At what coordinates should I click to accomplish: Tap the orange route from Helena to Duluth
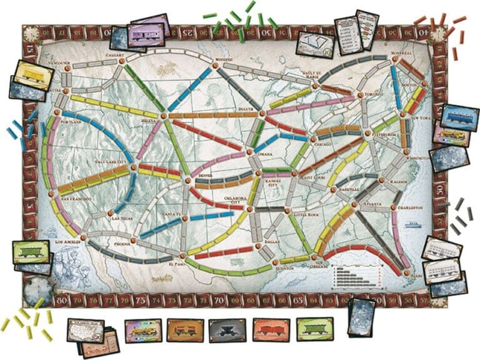(209, 115)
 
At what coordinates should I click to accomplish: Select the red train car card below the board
(271, 329)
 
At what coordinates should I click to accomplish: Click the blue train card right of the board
(459, 116)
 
